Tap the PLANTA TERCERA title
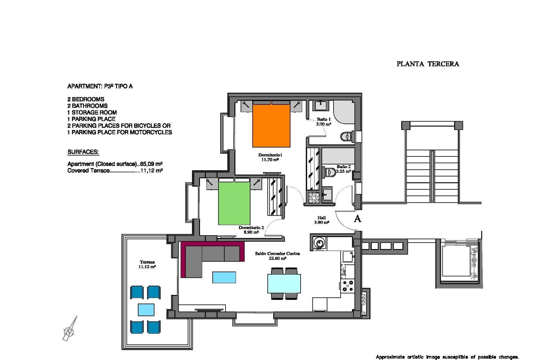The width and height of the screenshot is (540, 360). pyautogui.click(x=427, y=64)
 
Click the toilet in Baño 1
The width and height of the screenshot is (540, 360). pyautogui.click(x=346, y=137)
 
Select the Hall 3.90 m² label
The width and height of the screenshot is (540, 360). pyautogui.click(x=321, y=220)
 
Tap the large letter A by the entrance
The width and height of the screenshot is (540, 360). pyautogui.click(x=357, y=219)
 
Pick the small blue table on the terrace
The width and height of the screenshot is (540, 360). pyautogui.click(x=146, y=310)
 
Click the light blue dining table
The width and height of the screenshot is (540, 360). pyautogui.click(x=284, y=283)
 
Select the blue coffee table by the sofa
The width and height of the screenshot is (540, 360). pyautogui.click(x=224, y=277)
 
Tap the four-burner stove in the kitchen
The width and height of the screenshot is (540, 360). pyautogui.click(x=348, y=286)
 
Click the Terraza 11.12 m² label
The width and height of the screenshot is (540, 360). pyautogui.click(x=147, y=264)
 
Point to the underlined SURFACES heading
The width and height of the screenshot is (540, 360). pyautogui.click(x=83, y=152)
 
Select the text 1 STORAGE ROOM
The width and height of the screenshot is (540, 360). pyautogui.click(x=92, y=112)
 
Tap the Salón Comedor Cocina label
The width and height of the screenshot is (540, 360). pyautogui.click(x=277, y=256)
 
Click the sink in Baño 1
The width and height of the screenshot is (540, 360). pyautogui.click(x=320, y=105)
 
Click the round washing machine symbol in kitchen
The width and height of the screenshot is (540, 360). pyautogui.click(x=319, y=242)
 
